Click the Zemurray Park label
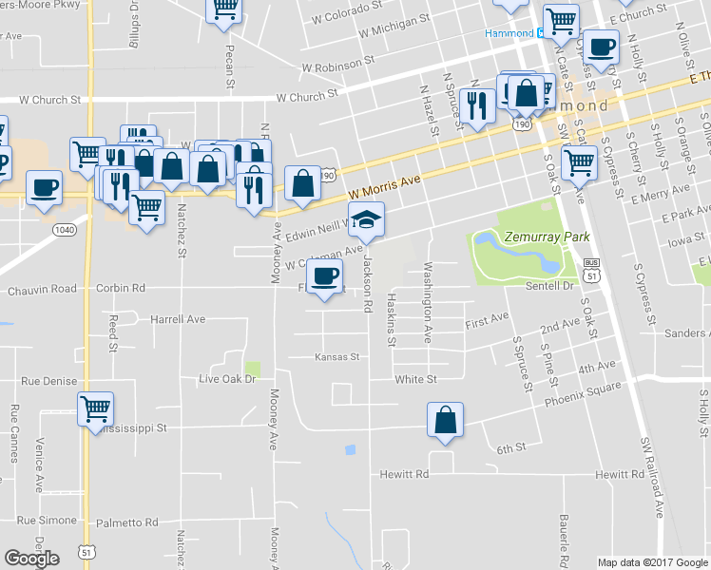(x=549, y=237)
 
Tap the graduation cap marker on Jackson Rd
(x=365, y=220)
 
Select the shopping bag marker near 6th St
(x=445, y=420)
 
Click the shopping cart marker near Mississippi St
(x=95, y=409)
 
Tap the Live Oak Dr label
(x=227, y=379)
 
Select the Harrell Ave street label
(x=178, y=319)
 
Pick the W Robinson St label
(x=332, y=67)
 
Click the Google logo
(x=31, y=559)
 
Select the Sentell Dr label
(x=551, y=285)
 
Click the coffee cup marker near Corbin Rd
(x=325, y=276)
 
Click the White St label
(x=415, y=379)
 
